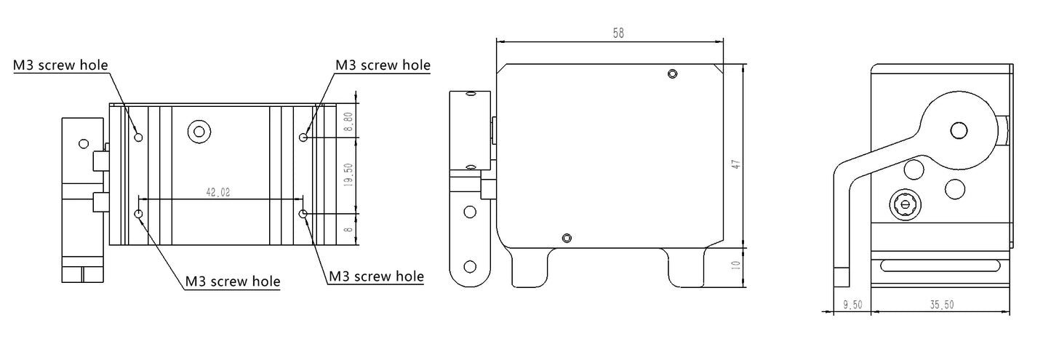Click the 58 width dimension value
(618, 33)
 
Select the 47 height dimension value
(736, 165)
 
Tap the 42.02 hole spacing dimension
(218, 193)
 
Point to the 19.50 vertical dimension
(348, 175)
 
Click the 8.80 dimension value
(348, 121)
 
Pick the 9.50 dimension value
(852, 305)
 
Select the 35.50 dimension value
(942, 305)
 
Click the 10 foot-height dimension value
(736, 265)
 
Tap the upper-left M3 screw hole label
(60, 65)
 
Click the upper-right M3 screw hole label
(383, 65)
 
